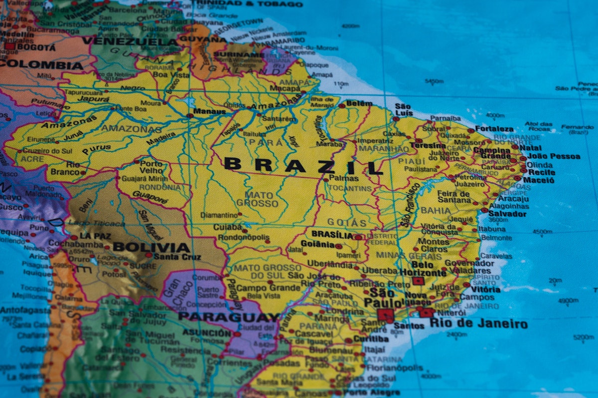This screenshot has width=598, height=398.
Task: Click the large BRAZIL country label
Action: (303, 164)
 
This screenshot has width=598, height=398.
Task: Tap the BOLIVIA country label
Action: (151, 247)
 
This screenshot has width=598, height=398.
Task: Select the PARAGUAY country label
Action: (229, 317)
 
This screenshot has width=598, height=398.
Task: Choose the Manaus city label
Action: (209, 111)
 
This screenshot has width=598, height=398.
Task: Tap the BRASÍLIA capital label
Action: (332, 235)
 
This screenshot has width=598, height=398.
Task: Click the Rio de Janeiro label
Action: (478, 324)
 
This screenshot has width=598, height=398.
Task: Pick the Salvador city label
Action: (507, 214)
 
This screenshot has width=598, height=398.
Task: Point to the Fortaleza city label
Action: (494, 129)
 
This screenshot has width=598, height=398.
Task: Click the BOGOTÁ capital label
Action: (36, 48)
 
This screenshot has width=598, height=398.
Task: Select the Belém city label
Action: (359, 103)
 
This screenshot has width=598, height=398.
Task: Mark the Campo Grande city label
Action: (268, 288)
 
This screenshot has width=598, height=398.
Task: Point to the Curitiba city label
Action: (371, 339)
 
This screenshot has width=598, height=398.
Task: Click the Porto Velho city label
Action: (151, 167)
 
